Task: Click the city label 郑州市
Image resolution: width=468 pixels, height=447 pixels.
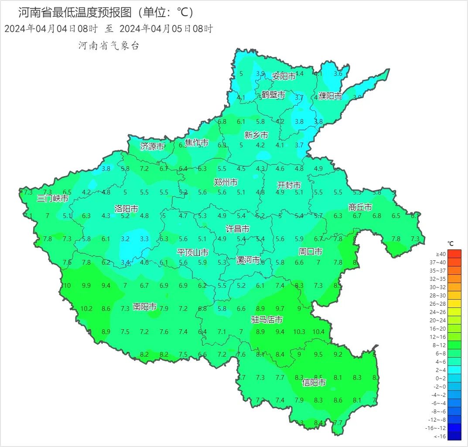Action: pyautogui.click(x=226, y=182)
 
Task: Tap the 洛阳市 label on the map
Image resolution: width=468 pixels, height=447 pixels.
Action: pyautogui.click(x=126, y=209)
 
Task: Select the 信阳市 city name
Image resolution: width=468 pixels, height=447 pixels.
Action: pyautogui.click(x=314, y=383)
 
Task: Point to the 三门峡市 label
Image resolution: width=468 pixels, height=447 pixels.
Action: pyautogui.click(x=53, y=198)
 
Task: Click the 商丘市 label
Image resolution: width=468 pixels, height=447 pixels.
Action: pyautogui.click(x=360, y=207)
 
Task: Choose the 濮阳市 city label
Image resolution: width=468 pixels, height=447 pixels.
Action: pyautogui.click(x=330, y=96)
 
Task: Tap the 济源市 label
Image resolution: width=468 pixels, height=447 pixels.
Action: pyautogui.click(x=152, y=147)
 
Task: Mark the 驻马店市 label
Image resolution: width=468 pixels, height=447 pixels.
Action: pyautogui.click(x=266, y=320)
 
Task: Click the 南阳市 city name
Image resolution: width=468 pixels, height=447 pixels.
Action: pyautogui.click(x=145, y=307)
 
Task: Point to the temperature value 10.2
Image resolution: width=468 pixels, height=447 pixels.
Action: pyautogui.click(x=86, y=309)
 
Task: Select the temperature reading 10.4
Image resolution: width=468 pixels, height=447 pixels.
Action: pyautogui.click(x=318, y=332)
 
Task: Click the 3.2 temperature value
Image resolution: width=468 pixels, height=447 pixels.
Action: pyautogui.click(x=125, y=239)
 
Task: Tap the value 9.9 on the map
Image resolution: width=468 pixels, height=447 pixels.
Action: pyautogui.click(x=86, y=286)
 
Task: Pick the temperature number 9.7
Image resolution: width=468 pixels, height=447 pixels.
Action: pyautogui.click(x=280, y=309)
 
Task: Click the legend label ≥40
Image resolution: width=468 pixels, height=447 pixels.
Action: pyautogui.click(x=441, y=254)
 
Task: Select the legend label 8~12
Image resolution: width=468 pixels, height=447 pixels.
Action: pyautogui.click(x=441, y=345)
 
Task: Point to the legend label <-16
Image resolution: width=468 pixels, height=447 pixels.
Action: pyautogui.click(x=441, y=436)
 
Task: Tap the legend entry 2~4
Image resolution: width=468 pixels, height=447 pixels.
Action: pyautogui.click(x=441, y=370)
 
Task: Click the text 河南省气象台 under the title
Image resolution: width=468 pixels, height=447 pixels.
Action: pyautogui.click(x=109, y=46)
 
